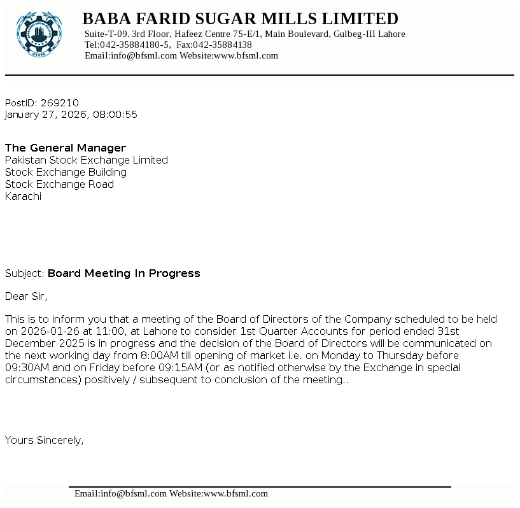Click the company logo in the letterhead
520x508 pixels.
click(39, 34)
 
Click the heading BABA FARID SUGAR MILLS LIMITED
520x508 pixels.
click(240, 18)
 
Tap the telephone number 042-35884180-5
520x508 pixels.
click(134, 45)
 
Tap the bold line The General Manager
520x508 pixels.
click(66, 148)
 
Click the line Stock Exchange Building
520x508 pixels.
click(66, 172)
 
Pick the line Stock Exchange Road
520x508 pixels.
click(59, 184)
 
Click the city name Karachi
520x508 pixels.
click(23, 196)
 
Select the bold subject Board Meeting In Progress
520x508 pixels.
click(124, 273)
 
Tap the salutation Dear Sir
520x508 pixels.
click(25, 295)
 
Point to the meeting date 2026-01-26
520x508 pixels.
click(46, 331)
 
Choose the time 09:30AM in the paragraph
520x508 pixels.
click(26, 367)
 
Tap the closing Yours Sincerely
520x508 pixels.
click(44, 439)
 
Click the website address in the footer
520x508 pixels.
click(235, 493)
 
